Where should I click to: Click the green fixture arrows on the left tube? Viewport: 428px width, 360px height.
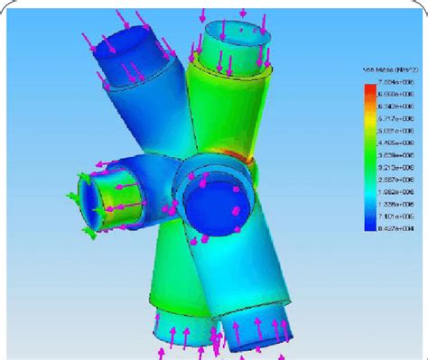[74, 194]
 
